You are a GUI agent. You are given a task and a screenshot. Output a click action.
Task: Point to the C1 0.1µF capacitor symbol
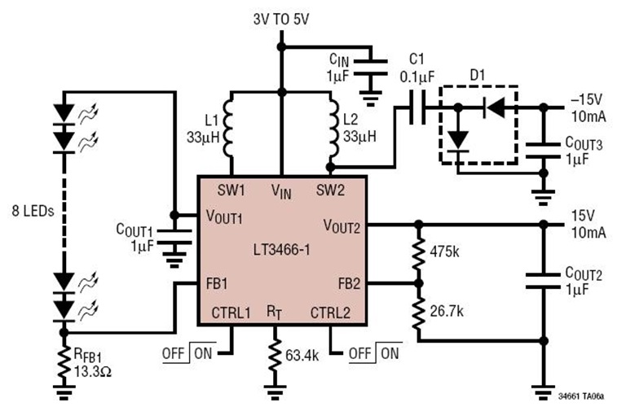[x=417, y=107]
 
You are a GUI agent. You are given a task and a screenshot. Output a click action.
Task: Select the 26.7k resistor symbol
[x=418, y=313]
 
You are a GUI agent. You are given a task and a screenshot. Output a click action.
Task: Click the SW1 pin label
[x=231, y=190]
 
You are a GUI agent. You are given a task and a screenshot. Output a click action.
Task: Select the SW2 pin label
[x=330, y=190]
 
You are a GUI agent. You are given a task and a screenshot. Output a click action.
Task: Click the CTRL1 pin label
[x=230, y=312]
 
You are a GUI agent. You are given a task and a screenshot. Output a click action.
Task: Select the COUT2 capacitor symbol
[x=540, y=282]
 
